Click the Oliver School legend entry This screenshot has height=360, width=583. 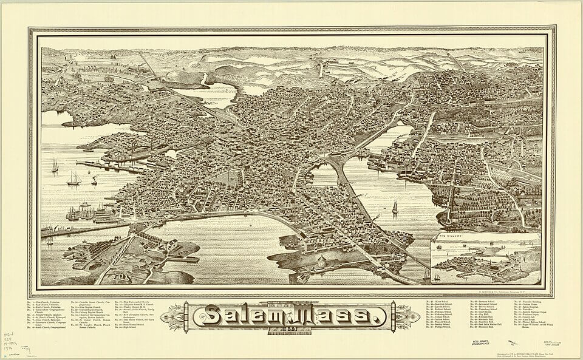tap(445, 302)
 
